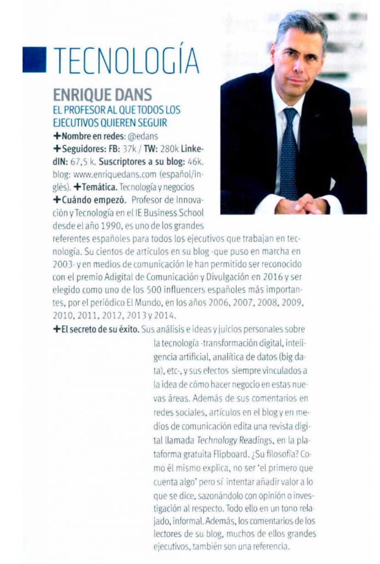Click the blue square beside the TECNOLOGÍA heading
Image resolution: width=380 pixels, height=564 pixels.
[34, 59]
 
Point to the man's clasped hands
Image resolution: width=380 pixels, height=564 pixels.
[302, 204]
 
